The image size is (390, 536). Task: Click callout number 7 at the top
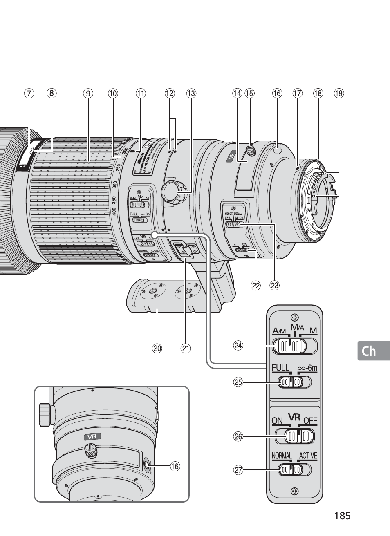29,94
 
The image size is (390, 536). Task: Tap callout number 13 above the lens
191,94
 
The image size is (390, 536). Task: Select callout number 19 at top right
339,94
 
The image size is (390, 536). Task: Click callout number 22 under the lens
256,286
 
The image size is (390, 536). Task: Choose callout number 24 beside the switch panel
238,346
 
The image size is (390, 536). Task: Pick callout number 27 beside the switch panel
238,470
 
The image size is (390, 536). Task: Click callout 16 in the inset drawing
175,466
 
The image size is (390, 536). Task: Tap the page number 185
342,516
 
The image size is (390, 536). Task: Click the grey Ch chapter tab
369,351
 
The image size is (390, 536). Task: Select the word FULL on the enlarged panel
280,368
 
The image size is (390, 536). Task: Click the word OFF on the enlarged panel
310,420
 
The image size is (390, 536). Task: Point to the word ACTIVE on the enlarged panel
308,456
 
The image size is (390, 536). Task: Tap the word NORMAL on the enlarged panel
282,456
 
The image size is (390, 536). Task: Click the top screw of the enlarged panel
294,317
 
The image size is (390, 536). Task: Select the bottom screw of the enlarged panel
294,491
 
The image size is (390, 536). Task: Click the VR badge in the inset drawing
92,436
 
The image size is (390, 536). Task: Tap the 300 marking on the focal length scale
114,184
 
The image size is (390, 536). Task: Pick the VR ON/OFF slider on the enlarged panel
294,436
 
